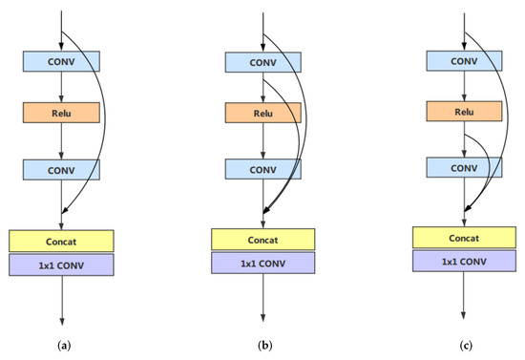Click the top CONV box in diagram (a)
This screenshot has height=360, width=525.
(61, 62)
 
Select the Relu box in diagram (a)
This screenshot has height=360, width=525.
(61, 112)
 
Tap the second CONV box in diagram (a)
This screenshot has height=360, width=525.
(61, 169)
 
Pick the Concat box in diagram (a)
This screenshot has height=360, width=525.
(61, 241)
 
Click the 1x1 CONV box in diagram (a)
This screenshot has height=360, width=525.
(61, 265)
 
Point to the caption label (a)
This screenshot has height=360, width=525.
(62, 343)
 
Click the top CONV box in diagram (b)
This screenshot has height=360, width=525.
(263, 61)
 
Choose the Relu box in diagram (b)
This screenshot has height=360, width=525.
(263, 113)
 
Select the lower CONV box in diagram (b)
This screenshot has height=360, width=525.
(263, 169)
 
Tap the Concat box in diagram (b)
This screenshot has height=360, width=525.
(263, 240)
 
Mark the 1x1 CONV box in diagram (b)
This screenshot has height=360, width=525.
(263, 264)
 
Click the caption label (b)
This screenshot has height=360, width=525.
(263, 343)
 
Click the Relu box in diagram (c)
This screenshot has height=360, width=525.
(464, 111)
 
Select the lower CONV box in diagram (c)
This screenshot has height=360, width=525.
(464, 167)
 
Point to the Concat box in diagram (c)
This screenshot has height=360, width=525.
(464, 238)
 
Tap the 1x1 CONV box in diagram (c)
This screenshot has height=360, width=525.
(464, 262)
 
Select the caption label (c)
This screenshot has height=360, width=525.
(465, 343)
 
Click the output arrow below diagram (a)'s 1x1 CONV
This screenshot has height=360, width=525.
(61, 301)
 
